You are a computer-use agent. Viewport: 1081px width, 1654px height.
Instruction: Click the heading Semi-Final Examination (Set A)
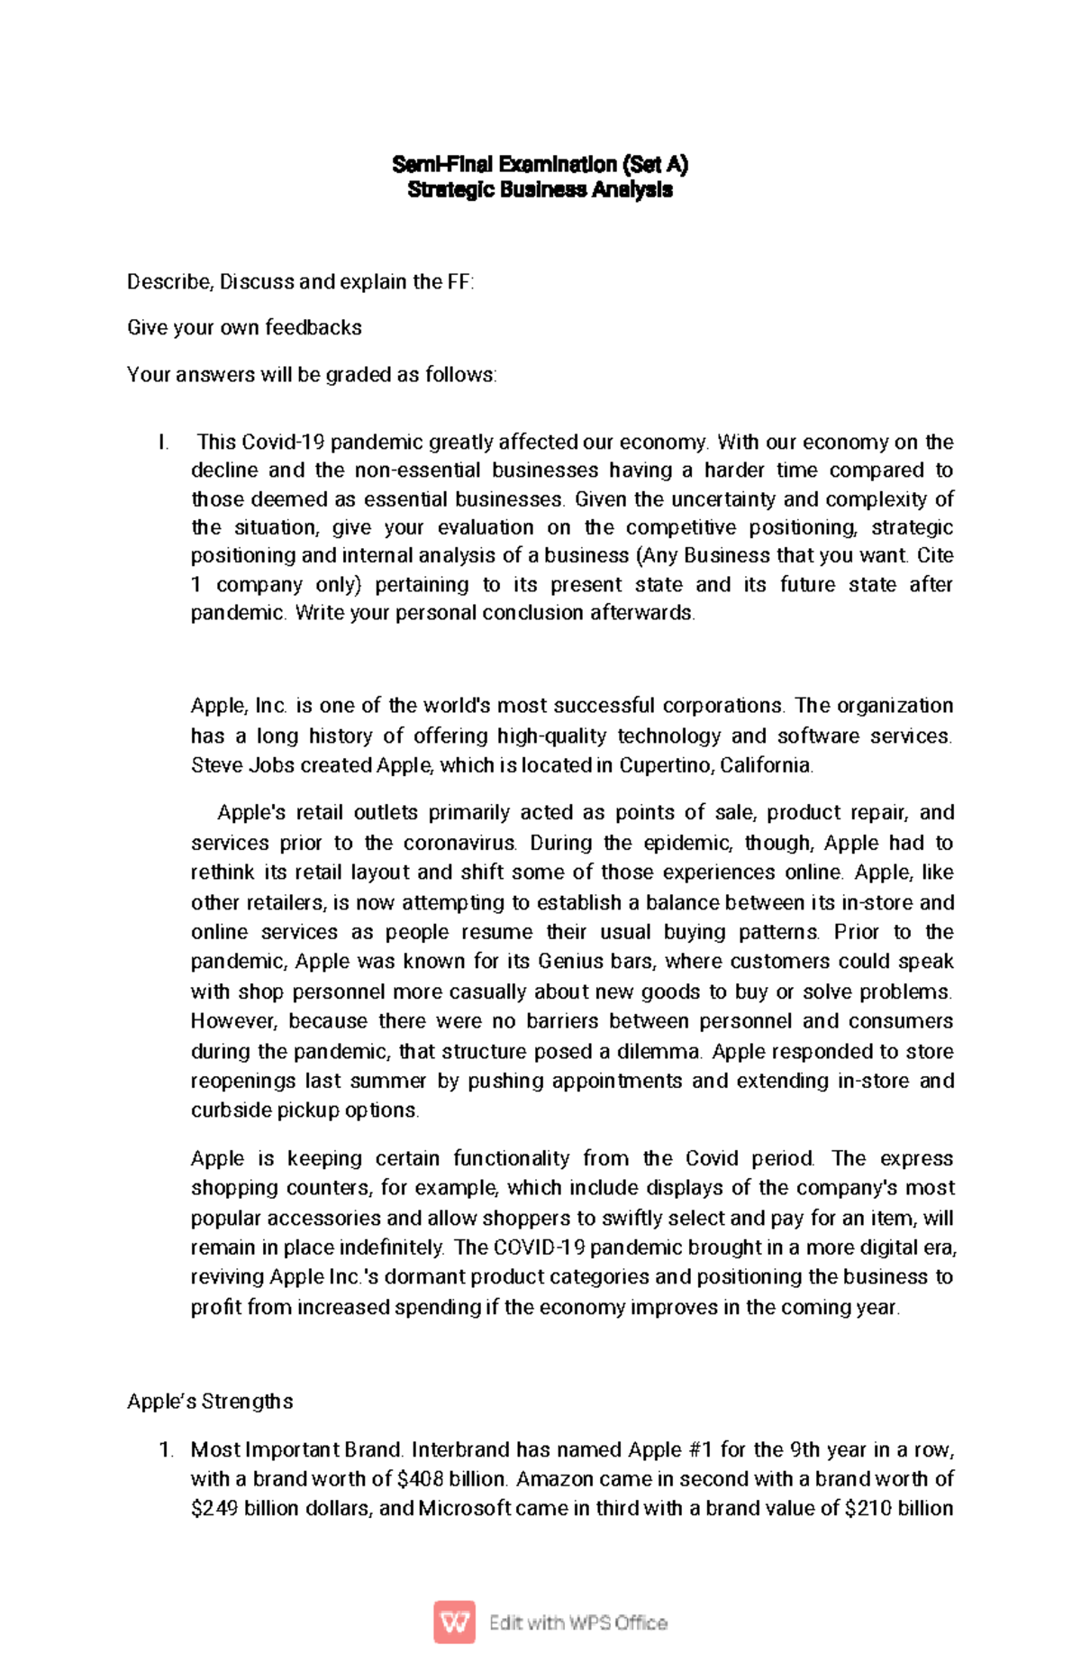pos(540,164)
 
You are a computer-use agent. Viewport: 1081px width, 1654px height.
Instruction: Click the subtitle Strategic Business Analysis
pos(540,189)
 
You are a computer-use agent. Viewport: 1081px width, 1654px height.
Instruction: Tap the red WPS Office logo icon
pos(454,1622)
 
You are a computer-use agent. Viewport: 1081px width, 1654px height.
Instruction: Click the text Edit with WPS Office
pos(578,1622)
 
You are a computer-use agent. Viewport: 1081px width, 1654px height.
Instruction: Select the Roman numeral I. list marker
pos(163,443)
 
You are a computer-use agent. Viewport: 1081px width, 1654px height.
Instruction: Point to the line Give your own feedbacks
pos(244,327)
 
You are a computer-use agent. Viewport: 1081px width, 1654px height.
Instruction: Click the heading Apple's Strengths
pos(210,1401)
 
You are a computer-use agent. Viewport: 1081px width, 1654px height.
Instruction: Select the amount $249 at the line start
pos(214,1508)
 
